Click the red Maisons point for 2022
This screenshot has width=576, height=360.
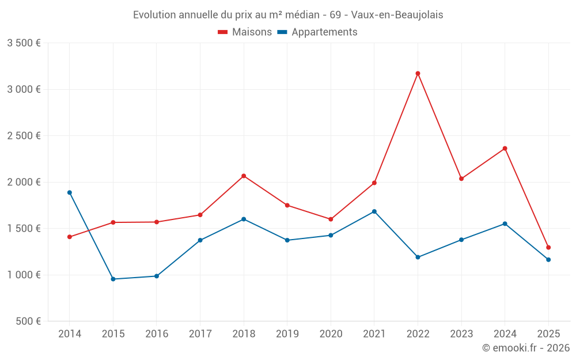(x=418, y=74)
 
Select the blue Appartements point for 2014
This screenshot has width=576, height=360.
(x=70, y=192)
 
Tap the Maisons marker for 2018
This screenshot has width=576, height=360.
(x=244, y=176)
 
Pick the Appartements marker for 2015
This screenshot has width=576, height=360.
(x=113, y=279)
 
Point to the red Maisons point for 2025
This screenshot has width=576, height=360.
(x=548, y=248)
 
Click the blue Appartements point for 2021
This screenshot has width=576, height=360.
(x=374, y=211)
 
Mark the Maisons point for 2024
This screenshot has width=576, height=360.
(x=505, y=149)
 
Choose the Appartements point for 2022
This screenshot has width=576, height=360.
(x=418, y=257)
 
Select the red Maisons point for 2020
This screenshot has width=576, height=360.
(x=331, y=219)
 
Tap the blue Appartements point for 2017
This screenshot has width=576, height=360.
(x=200, y=240)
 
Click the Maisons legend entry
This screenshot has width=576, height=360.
(x=245, y=32)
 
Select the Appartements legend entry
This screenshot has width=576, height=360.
(x=317, y=32)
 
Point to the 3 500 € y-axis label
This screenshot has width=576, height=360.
(x=24, y=43)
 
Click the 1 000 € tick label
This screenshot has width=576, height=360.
(x=24, y=275)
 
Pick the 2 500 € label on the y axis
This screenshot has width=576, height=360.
(x=24, y=136)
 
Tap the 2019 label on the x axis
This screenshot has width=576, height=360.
(x=287, y=334)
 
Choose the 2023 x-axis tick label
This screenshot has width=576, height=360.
(x=461, y=334)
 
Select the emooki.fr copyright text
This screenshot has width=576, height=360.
(x=526, y=348)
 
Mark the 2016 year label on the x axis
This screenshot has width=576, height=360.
(x=157, y=334)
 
